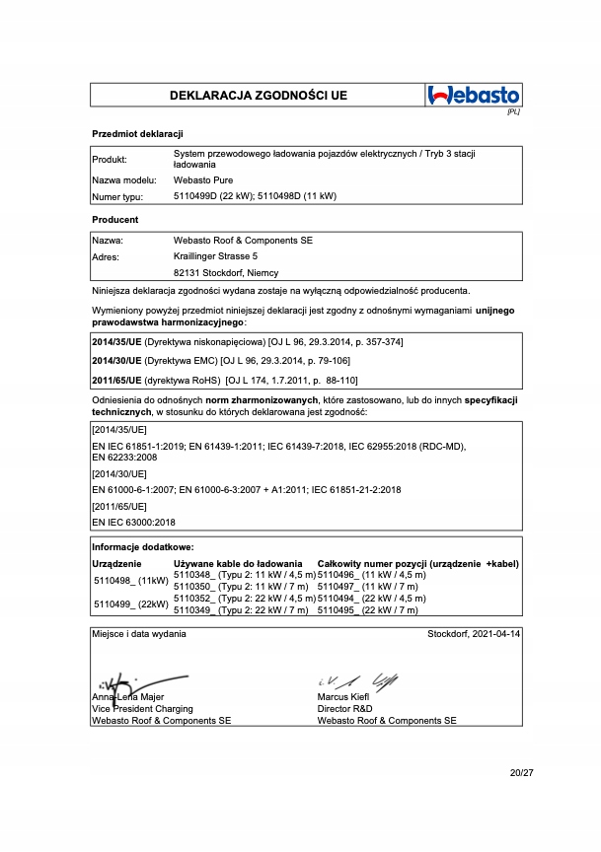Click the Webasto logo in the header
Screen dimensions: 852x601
tap(474, 96)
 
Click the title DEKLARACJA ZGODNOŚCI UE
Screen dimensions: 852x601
tap(259, 96)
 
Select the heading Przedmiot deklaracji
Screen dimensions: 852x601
tap(137, 133)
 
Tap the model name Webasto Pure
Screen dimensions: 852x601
tap(203, 181)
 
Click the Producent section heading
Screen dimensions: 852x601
tap(114, 219)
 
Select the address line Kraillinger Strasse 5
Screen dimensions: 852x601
tap(216, 256)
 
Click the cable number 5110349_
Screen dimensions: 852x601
tap(192, 611)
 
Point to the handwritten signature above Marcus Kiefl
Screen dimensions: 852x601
tap(359, 680)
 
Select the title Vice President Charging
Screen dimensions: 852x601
tap(142, 708)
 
